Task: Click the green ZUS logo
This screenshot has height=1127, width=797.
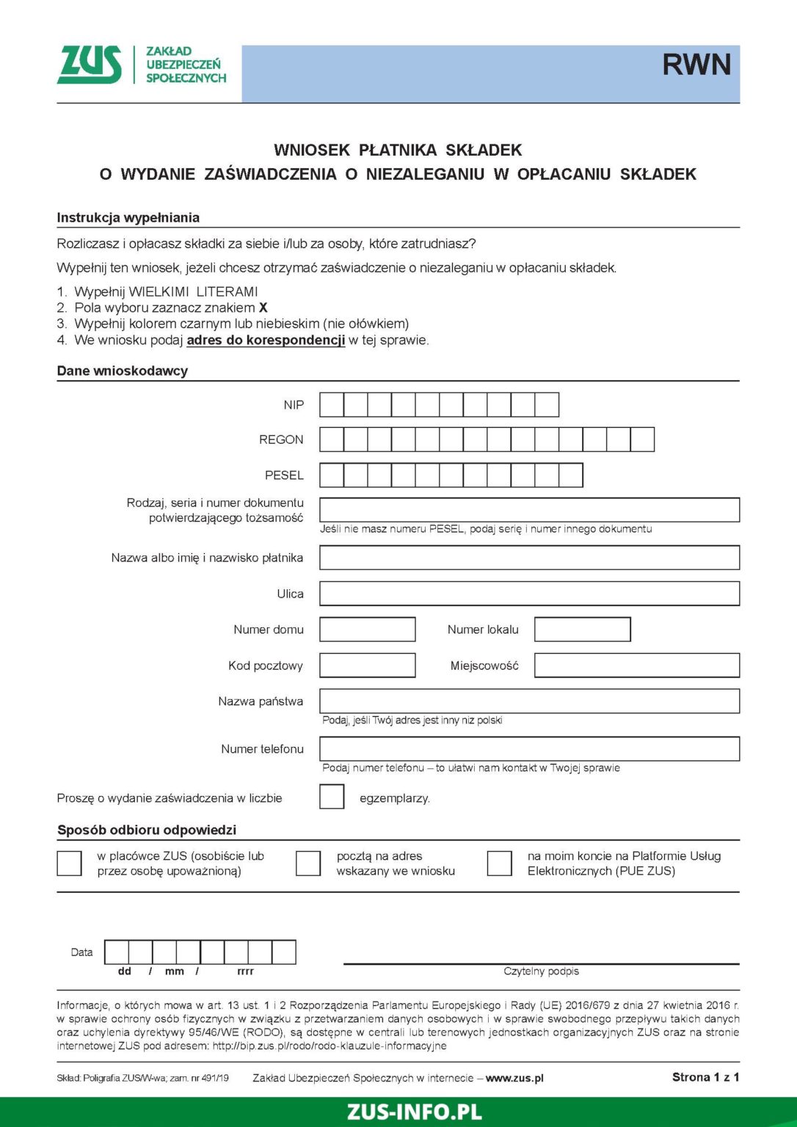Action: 90,65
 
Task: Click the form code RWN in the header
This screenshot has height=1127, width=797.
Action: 696,65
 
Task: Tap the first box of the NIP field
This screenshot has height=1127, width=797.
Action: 332,405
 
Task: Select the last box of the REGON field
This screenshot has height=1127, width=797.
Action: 642,440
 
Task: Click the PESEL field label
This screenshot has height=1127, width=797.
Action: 284,475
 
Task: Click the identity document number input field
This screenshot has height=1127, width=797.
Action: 529,510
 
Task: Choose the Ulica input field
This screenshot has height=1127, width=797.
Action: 529,594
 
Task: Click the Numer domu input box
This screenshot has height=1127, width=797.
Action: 368,630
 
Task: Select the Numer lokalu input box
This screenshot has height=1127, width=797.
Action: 582,630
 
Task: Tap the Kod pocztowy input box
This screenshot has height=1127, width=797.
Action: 368,665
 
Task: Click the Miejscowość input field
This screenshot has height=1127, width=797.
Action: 636,665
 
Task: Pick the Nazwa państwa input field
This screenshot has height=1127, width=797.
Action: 529,701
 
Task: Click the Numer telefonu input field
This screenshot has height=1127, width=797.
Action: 529,749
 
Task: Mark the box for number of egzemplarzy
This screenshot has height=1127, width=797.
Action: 332,797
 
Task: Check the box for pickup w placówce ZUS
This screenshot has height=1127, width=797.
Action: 70,864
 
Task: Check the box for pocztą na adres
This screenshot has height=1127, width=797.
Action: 308,864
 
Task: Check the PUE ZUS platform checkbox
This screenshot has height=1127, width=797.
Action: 499,864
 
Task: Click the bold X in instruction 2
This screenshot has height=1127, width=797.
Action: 263,308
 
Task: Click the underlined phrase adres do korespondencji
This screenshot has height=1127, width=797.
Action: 266,340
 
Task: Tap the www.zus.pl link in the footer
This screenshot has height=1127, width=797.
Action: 514,1078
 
